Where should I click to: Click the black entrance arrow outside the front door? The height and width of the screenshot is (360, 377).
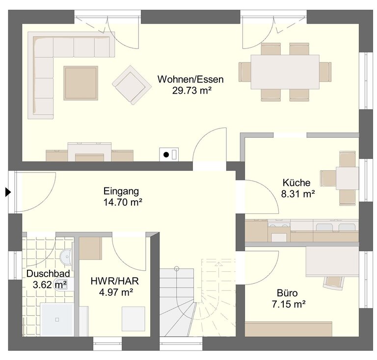pos(8,192)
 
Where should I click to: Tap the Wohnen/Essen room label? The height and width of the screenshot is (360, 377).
pos(190,79)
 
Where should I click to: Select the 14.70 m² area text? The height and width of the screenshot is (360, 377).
pos(123,202)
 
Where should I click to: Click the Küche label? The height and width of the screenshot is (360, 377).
pos(296,183)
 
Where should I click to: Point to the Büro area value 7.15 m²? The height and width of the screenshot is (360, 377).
pos(289,304)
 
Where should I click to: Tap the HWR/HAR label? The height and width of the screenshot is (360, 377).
pos(115,281)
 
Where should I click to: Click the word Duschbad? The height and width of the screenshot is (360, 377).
pos(48,274)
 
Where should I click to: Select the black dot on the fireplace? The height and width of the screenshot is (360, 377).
pos(166,154)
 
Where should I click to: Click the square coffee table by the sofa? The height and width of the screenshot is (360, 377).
pos(81,83)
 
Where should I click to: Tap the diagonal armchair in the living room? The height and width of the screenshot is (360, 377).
pos(132,85)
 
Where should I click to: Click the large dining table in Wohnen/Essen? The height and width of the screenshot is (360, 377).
pos(285,72)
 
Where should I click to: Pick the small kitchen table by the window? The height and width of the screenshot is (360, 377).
pos(347,178)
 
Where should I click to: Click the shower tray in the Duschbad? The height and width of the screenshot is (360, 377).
pos(57,319)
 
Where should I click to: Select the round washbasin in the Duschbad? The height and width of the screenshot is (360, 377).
pos(65,257)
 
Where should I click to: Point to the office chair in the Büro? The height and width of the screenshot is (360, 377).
pos(333,282)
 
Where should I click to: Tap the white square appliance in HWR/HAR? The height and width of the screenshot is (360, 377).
pos(134,319)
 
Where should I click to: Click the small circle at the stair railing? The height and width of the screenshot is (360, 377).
pos(177,268)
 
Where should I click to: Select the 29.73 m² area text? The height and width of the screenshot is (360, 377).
pos(191,91)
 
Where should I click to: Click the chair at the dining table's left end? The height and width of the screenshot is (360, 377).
pos(245,72)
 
